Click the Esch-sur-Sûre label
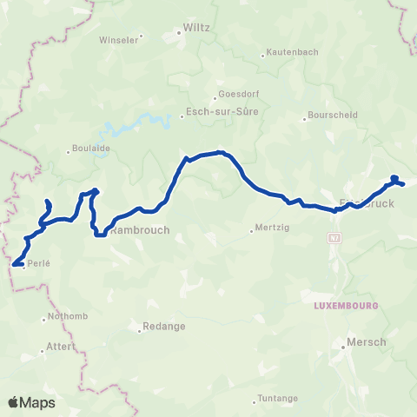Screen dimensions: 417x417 coord(222,112)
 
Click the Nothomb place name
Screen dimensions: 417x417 coord(66,317)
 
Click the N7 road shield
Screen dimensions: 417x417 coord(335,237)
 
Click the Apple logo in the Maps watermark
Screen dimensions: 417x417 coord(13,402)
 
